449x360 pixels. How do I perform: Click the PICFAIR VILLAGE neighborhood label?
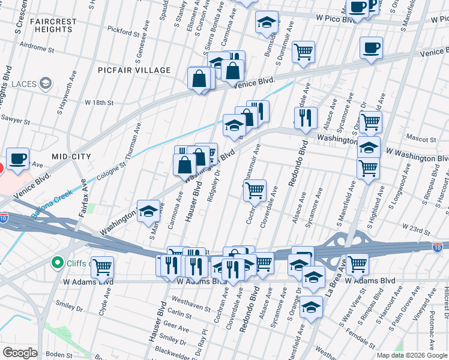click(134, 70)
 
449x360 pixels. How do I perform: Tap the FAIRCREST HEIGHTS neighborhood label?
click(52, 25)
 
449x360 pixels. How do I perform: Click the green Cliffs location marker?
click(58, 262)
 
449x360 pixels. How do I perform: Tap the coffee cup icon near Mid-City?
click(18, 158)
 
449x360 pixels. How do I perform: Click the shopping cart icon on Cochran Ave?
click(256, 191)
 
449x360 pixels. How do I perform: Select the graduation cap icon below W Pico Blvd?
click(267, 23)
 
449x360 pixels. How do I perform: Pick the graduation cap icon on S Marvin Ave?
click(148, 211)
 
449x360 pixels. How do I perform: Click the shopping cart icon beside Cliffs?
click(102, 266)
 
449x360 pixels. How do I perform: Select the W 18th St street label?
click(99, 103)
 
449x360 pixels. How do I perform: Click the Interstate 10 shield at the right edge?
click(439, 246)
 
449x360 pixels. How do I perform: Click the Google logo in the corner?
click(20, 352)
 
